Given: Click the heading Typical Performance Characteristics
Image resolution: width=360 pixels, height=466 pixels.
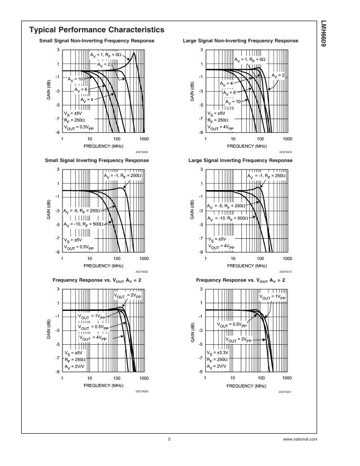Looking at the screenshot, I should pos(96,30).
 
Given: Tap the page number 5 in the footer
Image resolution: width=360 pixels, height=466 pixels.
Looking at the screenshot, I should pos(169,439).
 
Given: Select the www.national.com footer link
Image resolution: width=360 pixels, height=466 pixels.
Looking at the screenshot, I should pos(300,439).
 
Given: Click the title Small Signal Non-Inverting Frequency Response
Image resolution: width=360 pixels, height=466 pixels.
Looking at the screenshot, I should pos(96,41).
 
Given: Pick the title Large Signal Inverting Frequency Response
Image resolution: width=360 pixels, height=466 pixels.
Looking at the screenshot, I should pos(240,160).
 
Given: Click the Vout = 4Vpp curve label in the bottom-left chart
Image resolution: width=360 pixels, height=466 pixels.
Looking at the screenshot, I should pos(93,337).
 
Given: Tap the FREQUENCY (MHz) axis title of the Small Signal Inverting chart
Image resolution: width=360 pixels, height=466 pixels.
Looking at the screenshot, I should pos(103,265).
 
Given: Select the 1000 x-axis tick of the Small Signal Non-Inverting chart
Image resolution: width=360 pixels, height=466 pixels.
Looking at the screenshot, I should pos(143,139).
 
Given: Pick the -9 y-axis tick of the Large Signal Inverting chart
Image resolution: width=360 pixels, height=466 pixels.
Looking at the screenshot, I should pos(201,252).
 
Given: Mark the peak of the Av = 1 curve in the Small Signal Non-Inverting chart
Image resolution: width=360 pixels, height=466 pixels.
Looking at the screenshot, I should pos(134,53).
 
